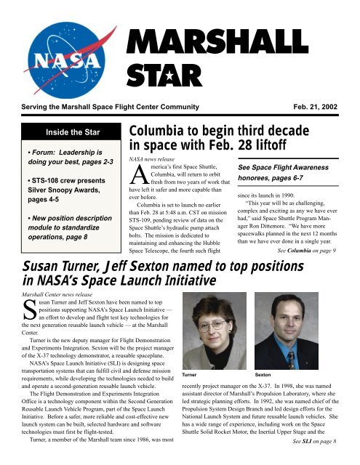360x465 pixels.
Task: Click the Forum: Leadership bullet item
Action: [66, 161]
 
